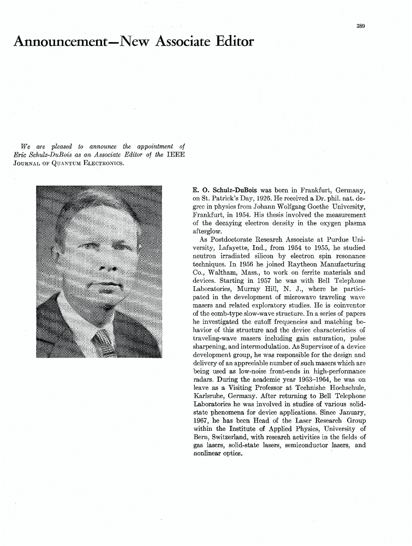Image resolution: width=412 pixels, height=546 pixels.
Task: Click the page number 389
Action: click(x=361, y=26)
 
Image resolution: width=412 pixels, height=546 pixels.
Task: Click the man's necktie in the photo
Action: click(x=104, y=341)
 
